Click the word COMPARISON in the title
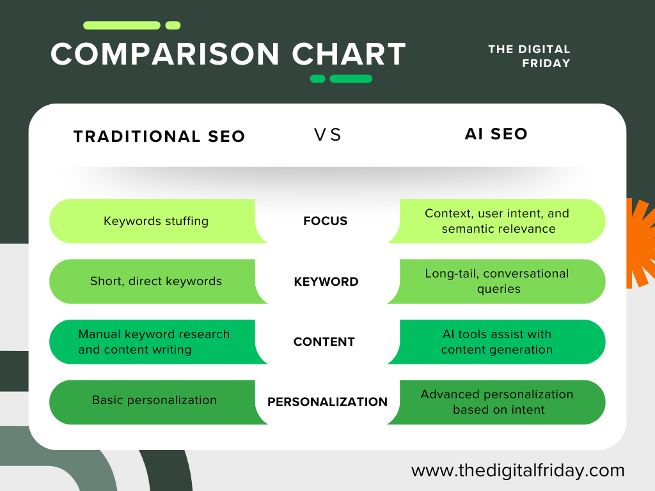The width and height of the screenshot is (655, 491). [164, 54]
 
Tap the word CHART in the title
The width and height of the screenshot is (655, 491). [349, 54]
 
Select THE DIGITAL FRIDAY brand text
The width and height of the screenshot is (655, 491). [529, 56]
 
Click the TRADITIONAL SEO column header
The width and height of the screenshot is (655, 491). [159, 137]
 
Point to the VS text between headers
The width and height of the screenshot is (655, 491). [328, 135]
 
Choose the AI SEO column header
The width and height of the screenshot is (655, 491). [496, 134]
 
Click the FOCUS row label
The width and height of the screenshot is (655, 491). [326, 221]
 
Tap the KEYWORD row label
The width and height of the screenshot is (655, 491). [326, 281]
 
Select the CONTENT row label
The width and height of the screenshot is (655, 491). [324, 341]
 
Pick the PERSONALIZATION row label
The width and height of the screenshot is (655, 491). [327, 401]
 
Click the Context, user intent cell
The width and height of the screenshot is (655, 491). [496, 221]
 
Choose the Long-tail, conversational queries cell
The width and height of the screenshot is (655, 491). [496, 281]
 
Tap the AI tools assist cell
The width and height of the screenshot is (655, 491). [496, 342]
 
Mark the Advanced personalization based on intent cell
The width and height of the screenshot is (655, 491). [496, 402]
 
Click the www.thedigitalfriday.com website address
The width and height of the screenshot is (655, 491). [518, 471]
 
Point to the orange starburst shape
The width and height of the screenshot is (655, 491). [641, 244]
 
